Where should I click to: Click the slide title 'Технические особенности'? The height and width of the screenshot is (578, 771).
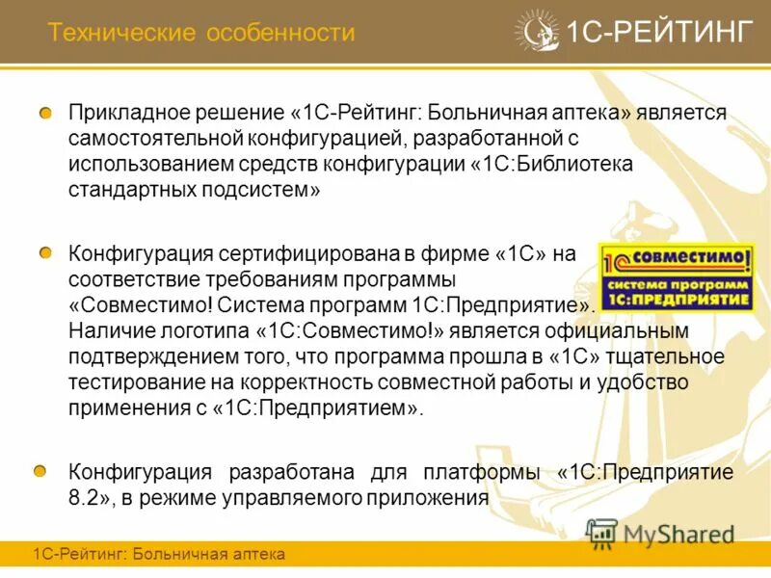pos(201,34)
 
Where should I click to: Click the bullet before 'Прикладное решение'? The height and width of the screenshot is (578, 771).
pos(45,114)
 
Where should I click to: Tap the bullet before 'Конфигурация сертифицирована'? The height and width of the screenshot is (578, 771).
pos(45,253)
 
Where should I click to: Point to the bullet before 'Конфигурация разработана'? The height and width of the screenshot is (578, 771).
pos(40,471)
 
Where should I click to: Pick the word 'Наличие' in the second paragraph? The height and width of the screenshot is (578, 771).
pos(106,330)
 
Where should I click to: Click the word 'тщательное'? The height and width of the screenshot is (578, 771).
pos(670,355)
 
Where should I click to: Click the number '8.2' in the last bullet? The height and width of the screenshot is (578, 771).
pos(85,498)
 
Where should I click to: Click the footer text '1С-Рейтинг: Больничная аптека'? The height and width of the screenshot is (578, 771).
pos(159,555)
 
